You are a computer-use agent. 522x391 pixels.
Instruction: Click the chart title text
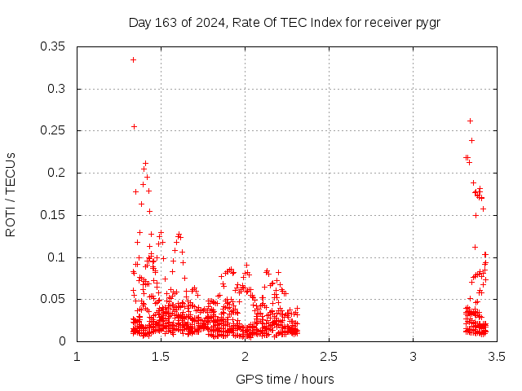pos(285,22)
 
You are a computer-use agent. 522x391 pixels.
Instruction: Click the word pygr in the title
pos(428,22)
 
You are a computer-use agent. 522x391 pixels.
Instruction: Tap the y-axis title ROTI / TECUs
pos(11,194)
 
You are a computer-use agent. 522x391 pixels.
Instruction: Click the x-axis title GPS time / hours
pos(285,379)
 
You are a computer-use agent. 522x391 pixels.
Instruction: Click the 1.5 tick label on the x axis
pos(161,357)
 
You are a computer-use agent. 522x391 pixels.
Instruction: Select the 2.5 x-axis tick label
pos(329,357)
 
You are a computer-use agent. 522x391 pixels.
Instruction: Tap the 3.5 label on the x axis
pos(497,357)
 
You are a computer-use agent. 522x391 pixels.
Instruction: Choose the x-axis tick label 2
pos(245,357)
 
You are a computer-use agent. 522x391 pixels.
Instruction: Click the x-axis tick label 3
pos(413,357)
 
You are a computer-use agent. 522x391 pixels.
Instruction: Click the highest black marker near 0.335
pos(133,59)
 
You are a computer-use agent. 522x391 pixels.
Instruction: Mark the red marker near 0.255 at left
pos(134,126)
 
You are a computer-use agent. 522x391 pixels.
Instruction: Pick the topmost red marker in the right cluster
pos(470,121)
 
